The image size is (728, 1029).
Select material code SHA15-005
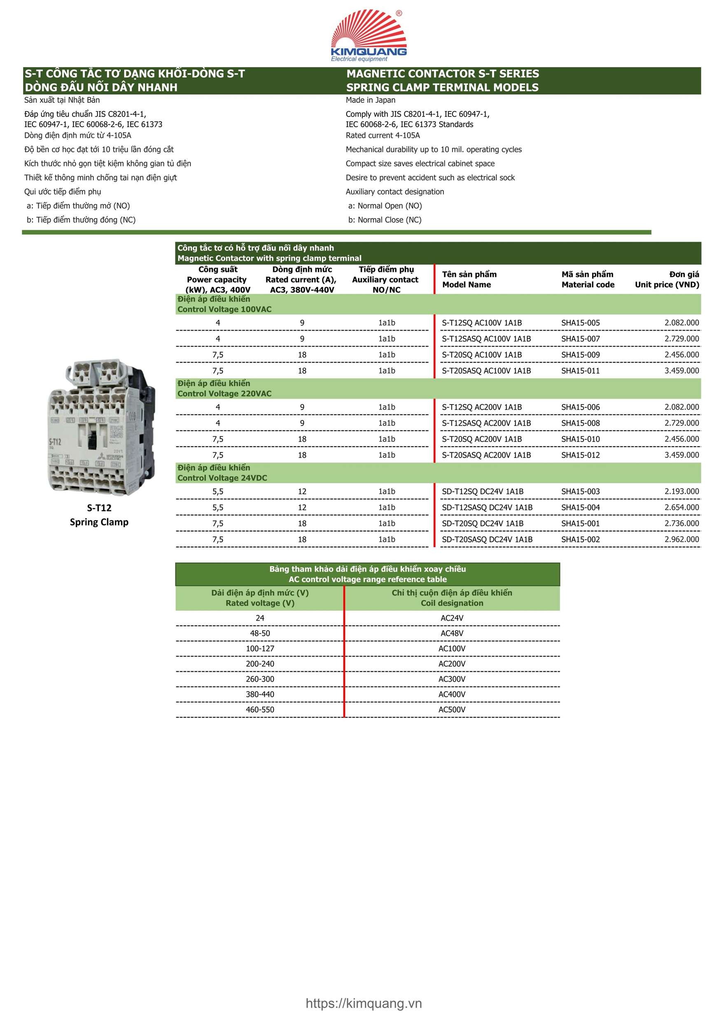[580, 323]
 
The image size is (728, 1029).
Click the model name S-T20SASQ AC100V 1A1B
[486, 370]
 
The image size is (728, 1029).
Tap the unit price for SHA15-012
[681, 455]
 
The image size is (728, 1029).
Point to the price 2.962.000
[681, 539]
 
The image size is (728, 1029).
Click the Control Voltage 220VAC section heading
[224, 389]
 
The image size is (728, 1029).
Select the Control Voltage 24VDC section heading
[222, 473]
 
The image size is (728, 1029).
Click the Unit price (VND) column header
[667, 279]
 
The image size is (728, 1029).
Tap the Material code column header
[588, 279]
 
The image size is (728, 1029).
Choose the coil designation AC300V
[452, 679]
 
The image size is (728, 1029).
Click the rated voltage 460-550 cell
[259, 710]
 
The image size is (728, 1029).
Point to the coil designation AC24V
[452, 618]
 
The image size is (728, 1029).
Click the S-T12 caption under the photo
[99, 508]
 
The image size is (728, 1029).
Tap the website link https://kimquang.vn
[364, 1003]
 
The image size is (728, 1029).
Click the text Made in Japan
[370, 100]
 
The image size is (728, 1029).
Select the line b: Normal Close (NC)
[385, 220]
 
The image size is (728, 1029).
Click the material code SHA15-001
[580, 524]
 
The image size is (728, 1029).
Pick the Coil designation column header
[452, 598]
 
